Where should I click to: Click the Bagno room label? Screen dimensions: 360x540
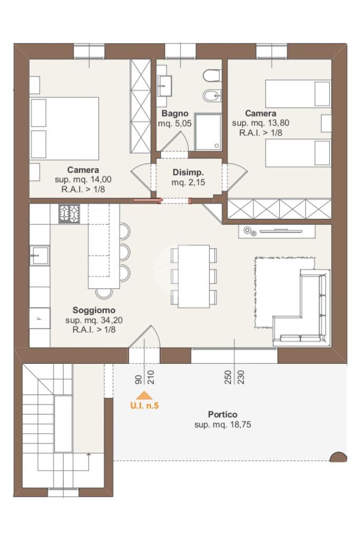click(x=175, y=113)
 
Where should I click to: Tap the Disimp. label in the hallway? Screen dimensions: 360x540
click(x=188, y=172)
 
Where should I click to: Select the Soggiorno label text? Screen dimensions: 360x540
click(x=94, y=310)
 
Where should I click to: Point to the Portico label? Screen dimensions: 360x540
click(x=222, y=414)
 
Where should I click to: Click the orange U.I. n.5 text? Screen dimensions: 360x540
click(x=144, y=406)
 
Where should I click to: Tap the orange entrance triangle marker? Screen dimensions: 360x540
click(x=144, y=396)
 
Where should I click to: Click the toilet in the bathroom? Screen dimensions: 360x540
click(x=212, y=76)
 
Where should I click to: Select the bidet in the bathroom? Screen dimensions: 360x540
click(x=211, y=95)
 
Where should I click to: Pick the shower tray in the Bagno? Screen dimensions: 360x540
click(x=208, y=132)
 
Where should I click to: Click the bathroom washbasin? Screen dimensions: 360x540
click(x=165, y=86)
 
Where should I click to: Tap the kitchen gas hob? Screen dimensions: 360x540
click(x=69, y=214)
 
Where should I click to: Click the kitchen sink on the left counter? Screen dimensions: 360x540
click(x=39, y=255)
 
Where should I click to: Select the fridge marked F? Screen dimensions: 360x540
click(x=40, y=318)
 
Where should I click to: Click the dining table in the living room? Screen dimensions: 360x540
click(x=194, y=276)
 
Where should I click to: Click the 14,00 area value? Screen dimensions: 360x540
click(x=101, y=179)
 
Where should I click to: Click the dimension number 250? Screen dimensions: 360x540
click(x=228, y=377)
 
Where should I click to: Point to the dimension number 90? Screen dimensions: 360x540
click(x=138, y=380)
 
